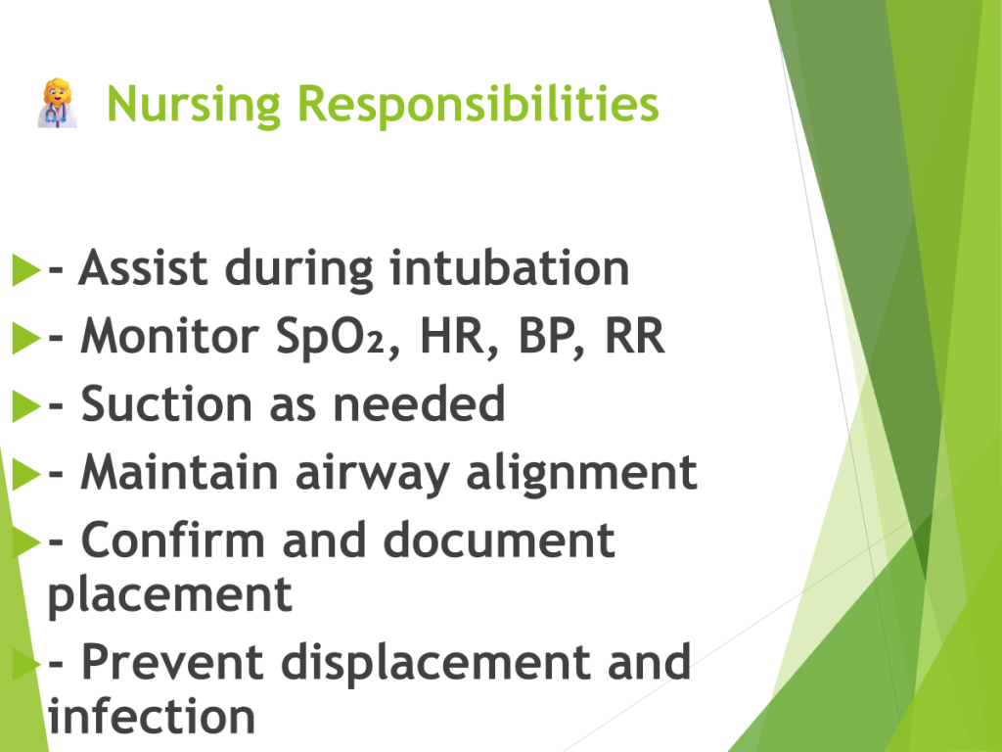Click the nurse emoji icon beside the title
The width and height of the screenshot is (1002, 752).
(x=58, y=104)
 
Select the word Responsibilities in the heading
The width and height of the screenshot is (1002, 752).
(x=478, y=104)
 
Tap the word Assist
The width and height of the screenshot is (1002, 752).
(x=143, y=267)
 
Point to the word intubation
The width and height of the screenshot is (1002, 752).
(x=510, y=267)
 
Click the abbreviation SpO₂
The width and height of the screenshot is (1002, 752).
(x=331, y=337)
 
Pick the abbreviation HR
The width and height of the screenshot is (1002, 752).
(x=451, y=337)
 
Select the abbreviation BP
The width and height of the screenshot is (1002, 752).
(x=544, y=337)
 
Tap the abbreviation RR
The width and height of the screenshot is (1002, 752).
(x=634, y=336)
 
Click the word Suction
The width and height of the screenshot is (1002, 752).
(x=166, y=404)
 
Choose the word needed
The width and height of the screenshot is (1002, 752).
(x=419, y=403)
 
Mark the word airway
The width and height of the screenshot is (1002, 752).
(x=373, y=474)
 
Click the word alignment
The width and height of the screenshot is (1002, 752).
(x=581, y=474)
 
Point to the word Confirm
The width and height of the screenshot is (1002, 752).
(x=172, y=540)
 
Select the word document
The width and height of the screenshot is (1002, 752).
(x=499, y=540)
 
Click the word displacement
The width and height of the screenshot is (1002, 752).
(x=435, y=663)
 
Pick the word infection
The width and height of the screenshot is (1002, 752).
(x=152, y=716)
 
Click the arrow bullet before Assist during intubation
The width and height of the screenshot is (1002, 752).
(x=26, y=269)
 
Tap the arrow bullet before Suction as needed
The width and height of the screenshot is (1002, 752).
(x=26, y=406)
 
